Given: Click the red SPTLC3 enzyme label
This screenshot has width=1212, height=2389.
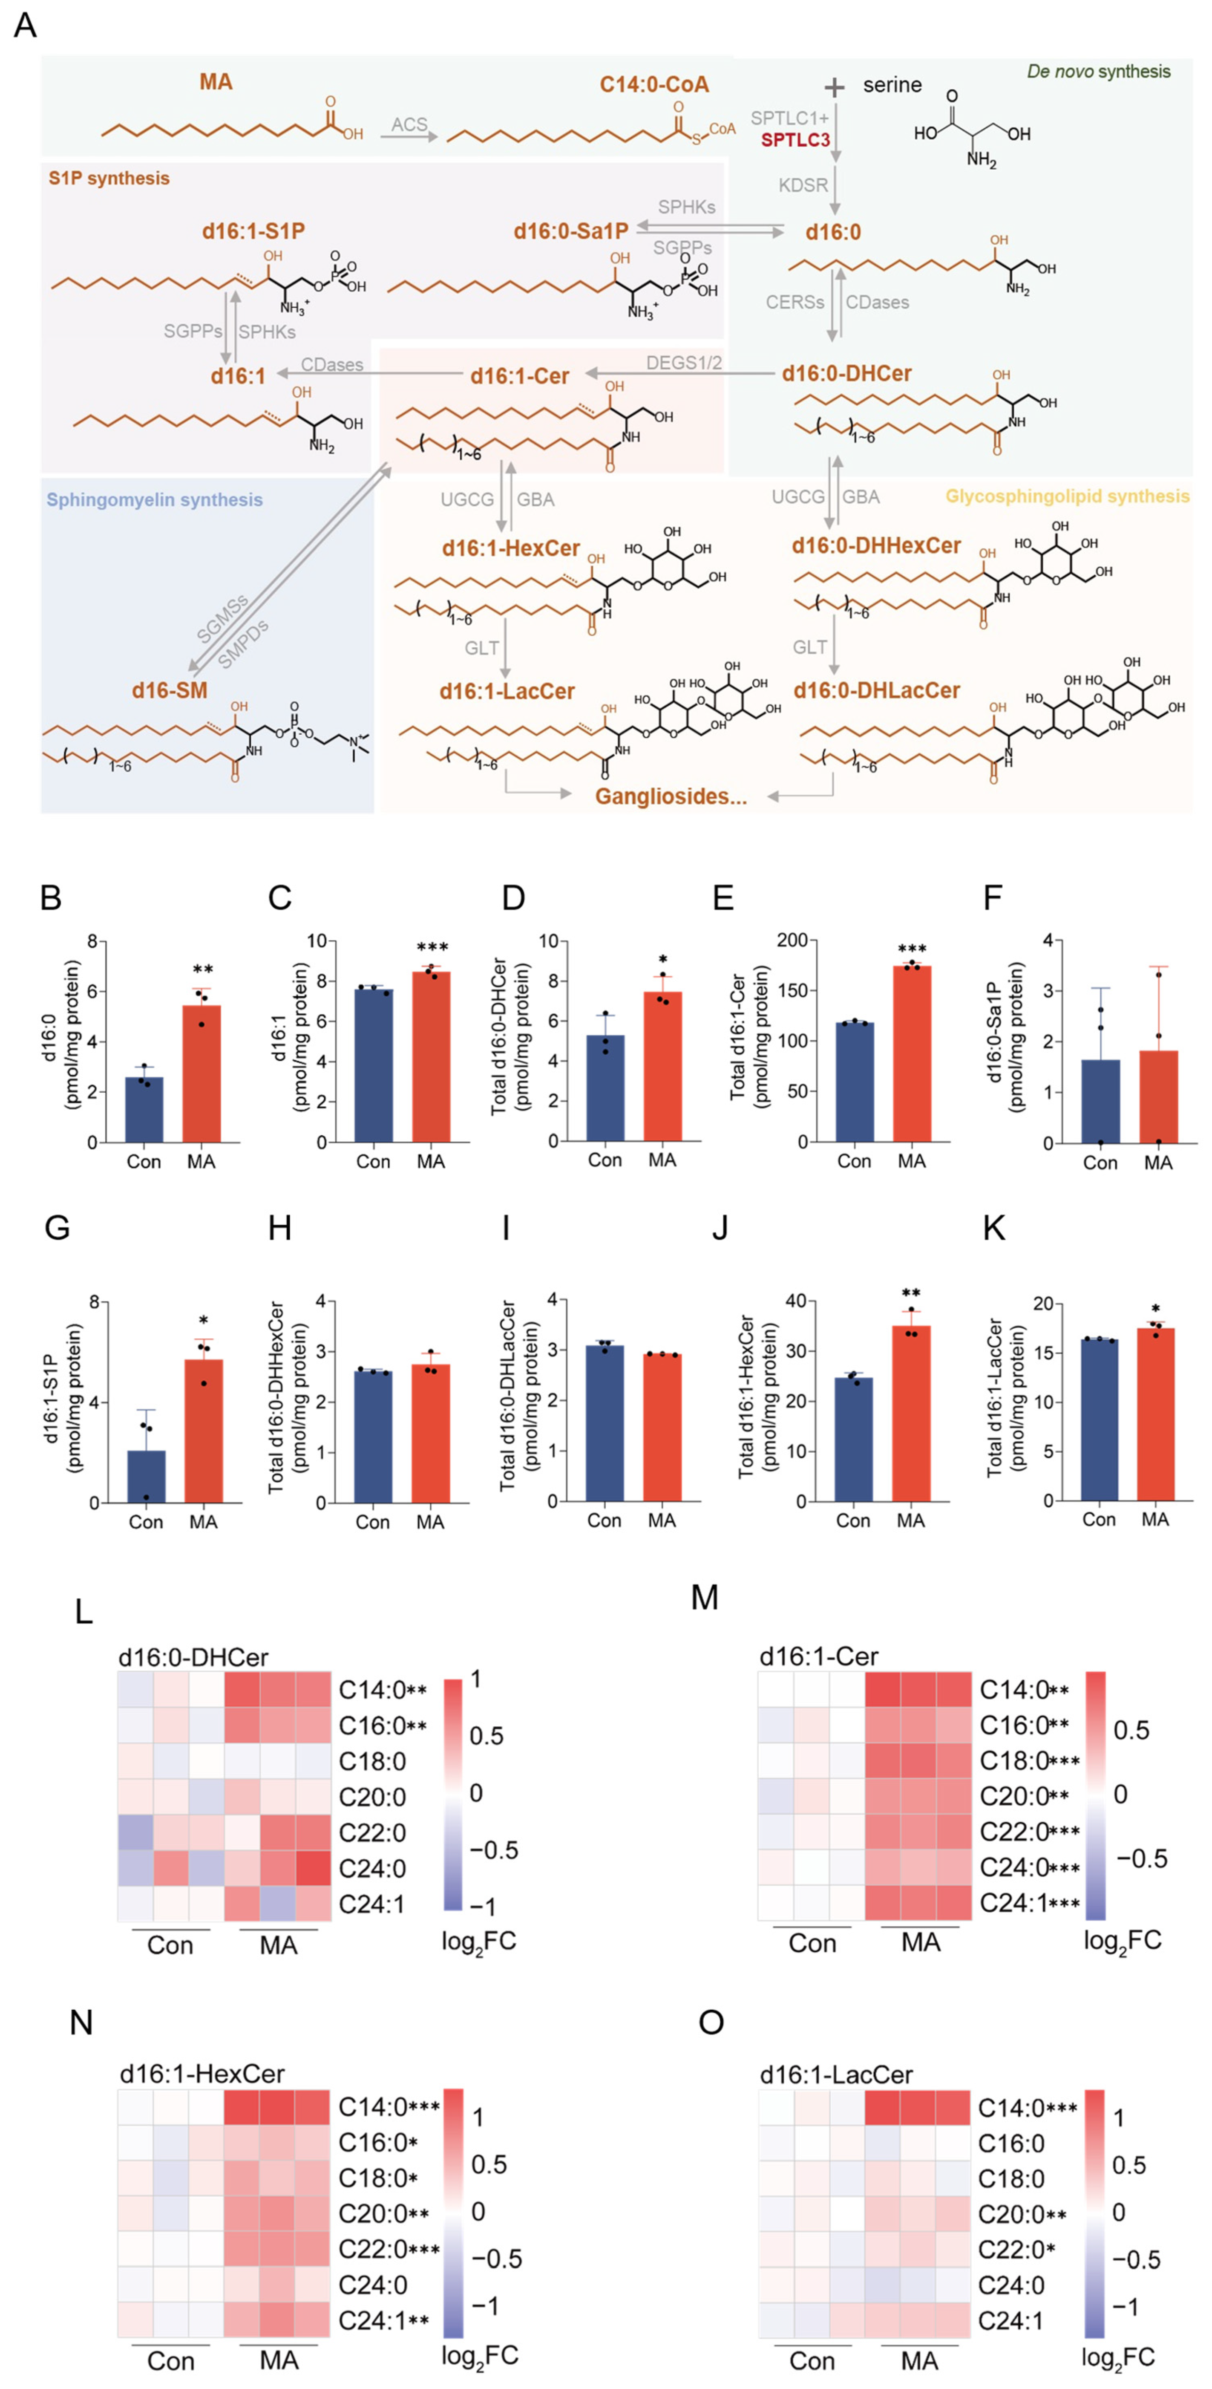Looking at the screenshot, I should point(795,140).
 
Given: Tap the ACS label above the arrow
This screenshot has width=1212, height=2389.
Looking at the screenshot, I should point(409,124).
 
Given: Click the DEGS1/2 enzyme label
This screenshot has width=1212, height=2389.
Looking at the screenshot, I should point(683,363).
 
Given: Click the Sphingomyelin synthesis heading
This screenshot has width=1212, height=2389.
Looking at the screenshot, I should point(155,500).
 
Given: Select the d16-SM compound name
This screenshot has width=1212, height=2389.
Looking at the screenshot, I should point(169,690).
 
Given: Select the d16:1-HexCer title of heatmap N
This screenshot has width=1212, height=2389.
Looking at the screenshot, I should point(202,2074).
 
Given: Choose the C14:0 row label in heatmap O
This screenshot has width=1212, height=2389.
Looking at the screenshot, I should point(1011,2108).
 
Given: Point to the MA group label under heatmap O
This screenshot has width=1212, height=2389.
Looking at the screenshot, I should point(919,2360).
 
